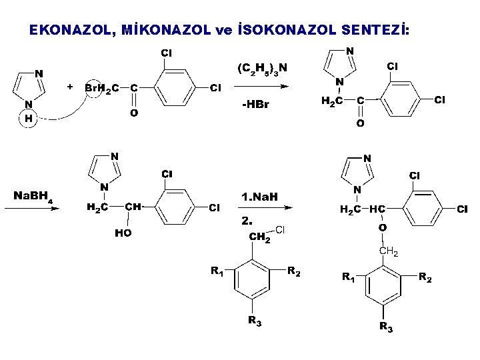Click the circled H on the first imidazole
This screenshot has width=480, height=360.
point(29,119)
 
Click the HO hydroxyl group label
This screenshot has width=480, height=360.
point(123,233)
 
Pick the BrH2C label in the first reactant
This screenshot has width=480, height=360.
point(102,88)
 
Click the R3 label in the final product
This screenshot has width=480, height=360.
point(385,327)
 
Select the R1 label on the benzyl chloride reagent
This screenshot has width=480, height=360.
point(217,271)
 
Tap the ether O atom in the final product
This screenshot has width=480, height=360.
point(382,228)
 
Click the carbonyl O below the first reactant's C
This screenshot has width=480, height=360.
point(134,113)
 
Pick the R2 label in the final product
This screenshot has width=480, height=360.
point(425,277)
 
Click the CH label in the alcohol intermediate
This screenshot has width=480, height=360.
point(133,207)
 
